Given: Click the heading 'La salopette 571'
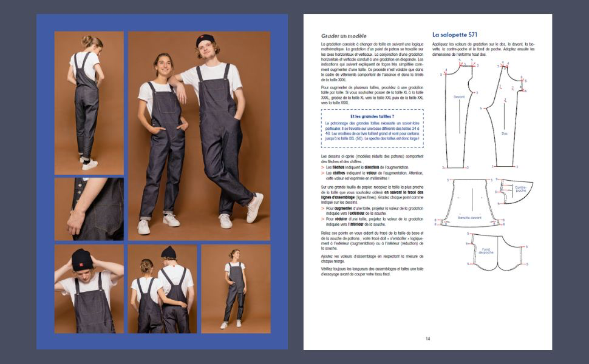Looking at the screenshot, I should pyautogui.click(x=458, y=35).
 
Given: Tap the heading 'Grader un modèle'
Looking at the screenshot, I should pyautogui.click(x=344, y=36).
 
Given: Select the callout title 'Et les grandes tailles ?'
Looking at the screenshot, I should pyautogui.click(x=372, y=115).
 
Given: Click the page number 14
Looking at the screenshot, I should pyautogui.click(x=427, y=339).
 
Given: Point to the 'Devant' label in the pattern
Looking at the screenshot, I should pyautogui.click(x=459, y=96).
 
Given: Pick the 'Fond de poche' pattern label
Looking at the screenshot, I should pyautogui.click(x=486, y=250).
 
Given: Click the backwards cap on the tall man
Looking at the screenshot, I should pyautogui.click(x=205, y=41).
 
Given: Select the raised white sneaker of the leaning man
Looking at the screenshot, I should pyautogui.click(x=255, y=207).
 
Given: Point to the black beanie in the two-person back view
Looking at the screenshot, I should pyautogui.click(x=168, y=252).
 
